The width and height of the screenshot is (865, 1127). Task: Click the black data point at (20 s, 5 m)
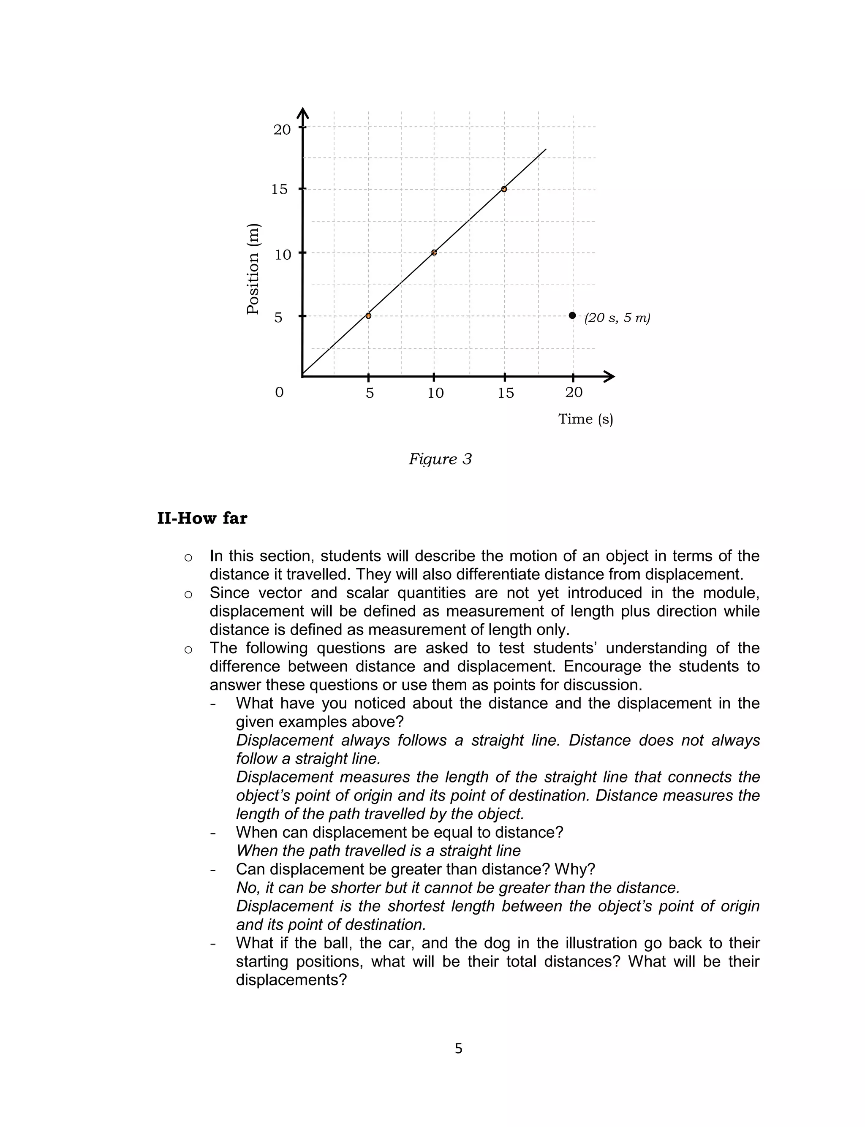coord(572,315)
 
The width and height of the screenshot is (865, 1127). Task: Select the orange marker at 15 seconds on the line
coord(504,189)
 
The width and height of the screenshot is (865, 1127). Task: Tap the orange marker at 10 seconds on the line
coord(434,253)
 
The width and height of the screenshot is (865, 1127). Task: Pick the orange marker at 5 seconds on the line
coord(368,316)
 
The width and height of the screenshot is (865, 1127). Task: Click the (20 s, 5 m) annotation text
coord(617,318)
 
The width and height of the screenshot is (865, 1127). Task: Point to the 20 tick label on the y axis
coord(282,130)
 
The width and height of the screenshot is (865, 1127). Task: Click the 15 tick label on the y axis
coord(279,189)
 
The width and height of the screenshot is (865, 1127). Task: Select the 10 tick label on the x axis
coord(435,393)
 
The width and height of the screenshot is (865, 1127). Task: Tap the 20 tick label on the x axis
coord(574,393)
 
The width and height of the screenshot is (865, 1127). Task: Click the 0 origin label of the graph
coord(279,393)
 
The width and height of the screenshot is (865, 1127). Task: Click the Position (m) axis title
coord(253,269)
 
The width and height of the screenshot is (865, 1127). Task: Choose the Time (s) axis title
coord(585,419)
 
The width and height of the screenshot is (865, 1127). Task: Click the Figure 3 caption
coord(440,459)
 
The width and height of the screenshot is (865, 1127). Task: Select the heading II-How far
coord(202,518)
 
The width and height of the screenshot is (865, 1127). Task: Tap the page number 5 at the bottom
coord(458,1048)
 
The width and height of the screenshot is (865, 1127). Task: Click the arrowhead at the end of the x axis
coord(609,377)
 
